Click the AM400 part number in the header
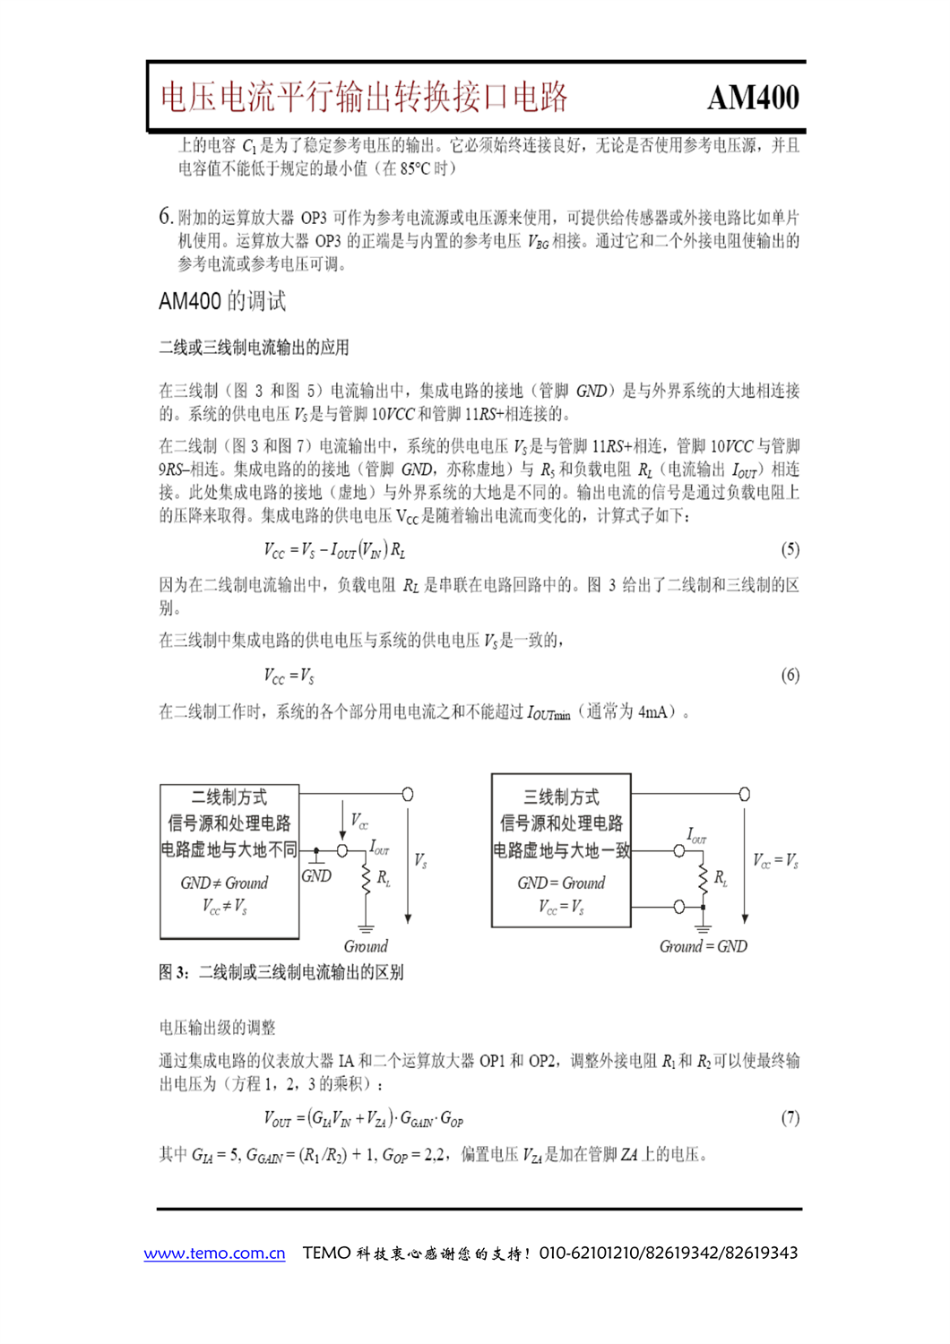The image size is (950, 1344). click(x=753, y=98)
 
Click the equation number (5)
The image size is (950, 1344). click(x=790, y=549)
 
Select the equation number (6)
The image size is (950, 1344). click(x=790, y=675)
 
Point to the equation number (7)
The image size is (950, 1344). click(x=790, y=1117)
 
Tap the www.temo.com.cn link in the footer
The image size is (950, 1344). click(x=215, y=1253)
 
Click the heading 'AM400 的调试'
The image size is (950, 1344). click(x=222, y=301)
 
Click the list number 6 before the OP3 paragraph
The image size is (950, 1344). click(x=165, y=216)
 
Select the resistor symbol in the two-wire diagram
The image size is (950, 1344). click(x=366, y=878)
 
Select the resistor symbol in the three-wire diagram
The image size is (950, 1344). click(x=704, y=878)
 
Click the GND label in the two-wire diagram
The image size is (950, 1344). click(x=316, y=875)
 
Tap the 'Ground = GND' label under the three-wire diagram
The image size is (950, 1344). click(x=703, y=946)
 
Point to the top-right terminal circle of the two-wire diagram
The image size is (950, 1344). click(x=408, y=794)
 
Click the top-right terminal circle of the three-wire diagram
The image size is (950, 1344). click(x=744, y=794)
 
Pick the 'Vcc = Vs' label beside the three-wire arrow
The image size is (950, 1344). click(x=775, y=861)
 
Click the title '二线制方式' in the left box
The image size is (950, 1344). click(x=229, y=797)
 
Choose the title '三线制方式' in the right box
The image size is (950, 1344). click(x=561, y=797)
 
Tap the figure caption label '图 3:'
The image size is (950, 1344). click(x=174, y=972)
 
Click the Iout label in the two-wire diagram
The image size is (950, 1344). click(x=379, y=847)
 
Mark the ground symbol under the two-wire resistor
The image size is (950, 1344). click(x=366, y=928)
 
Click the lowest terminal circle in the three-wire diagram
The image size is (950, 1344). click(x=679, y=907)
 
